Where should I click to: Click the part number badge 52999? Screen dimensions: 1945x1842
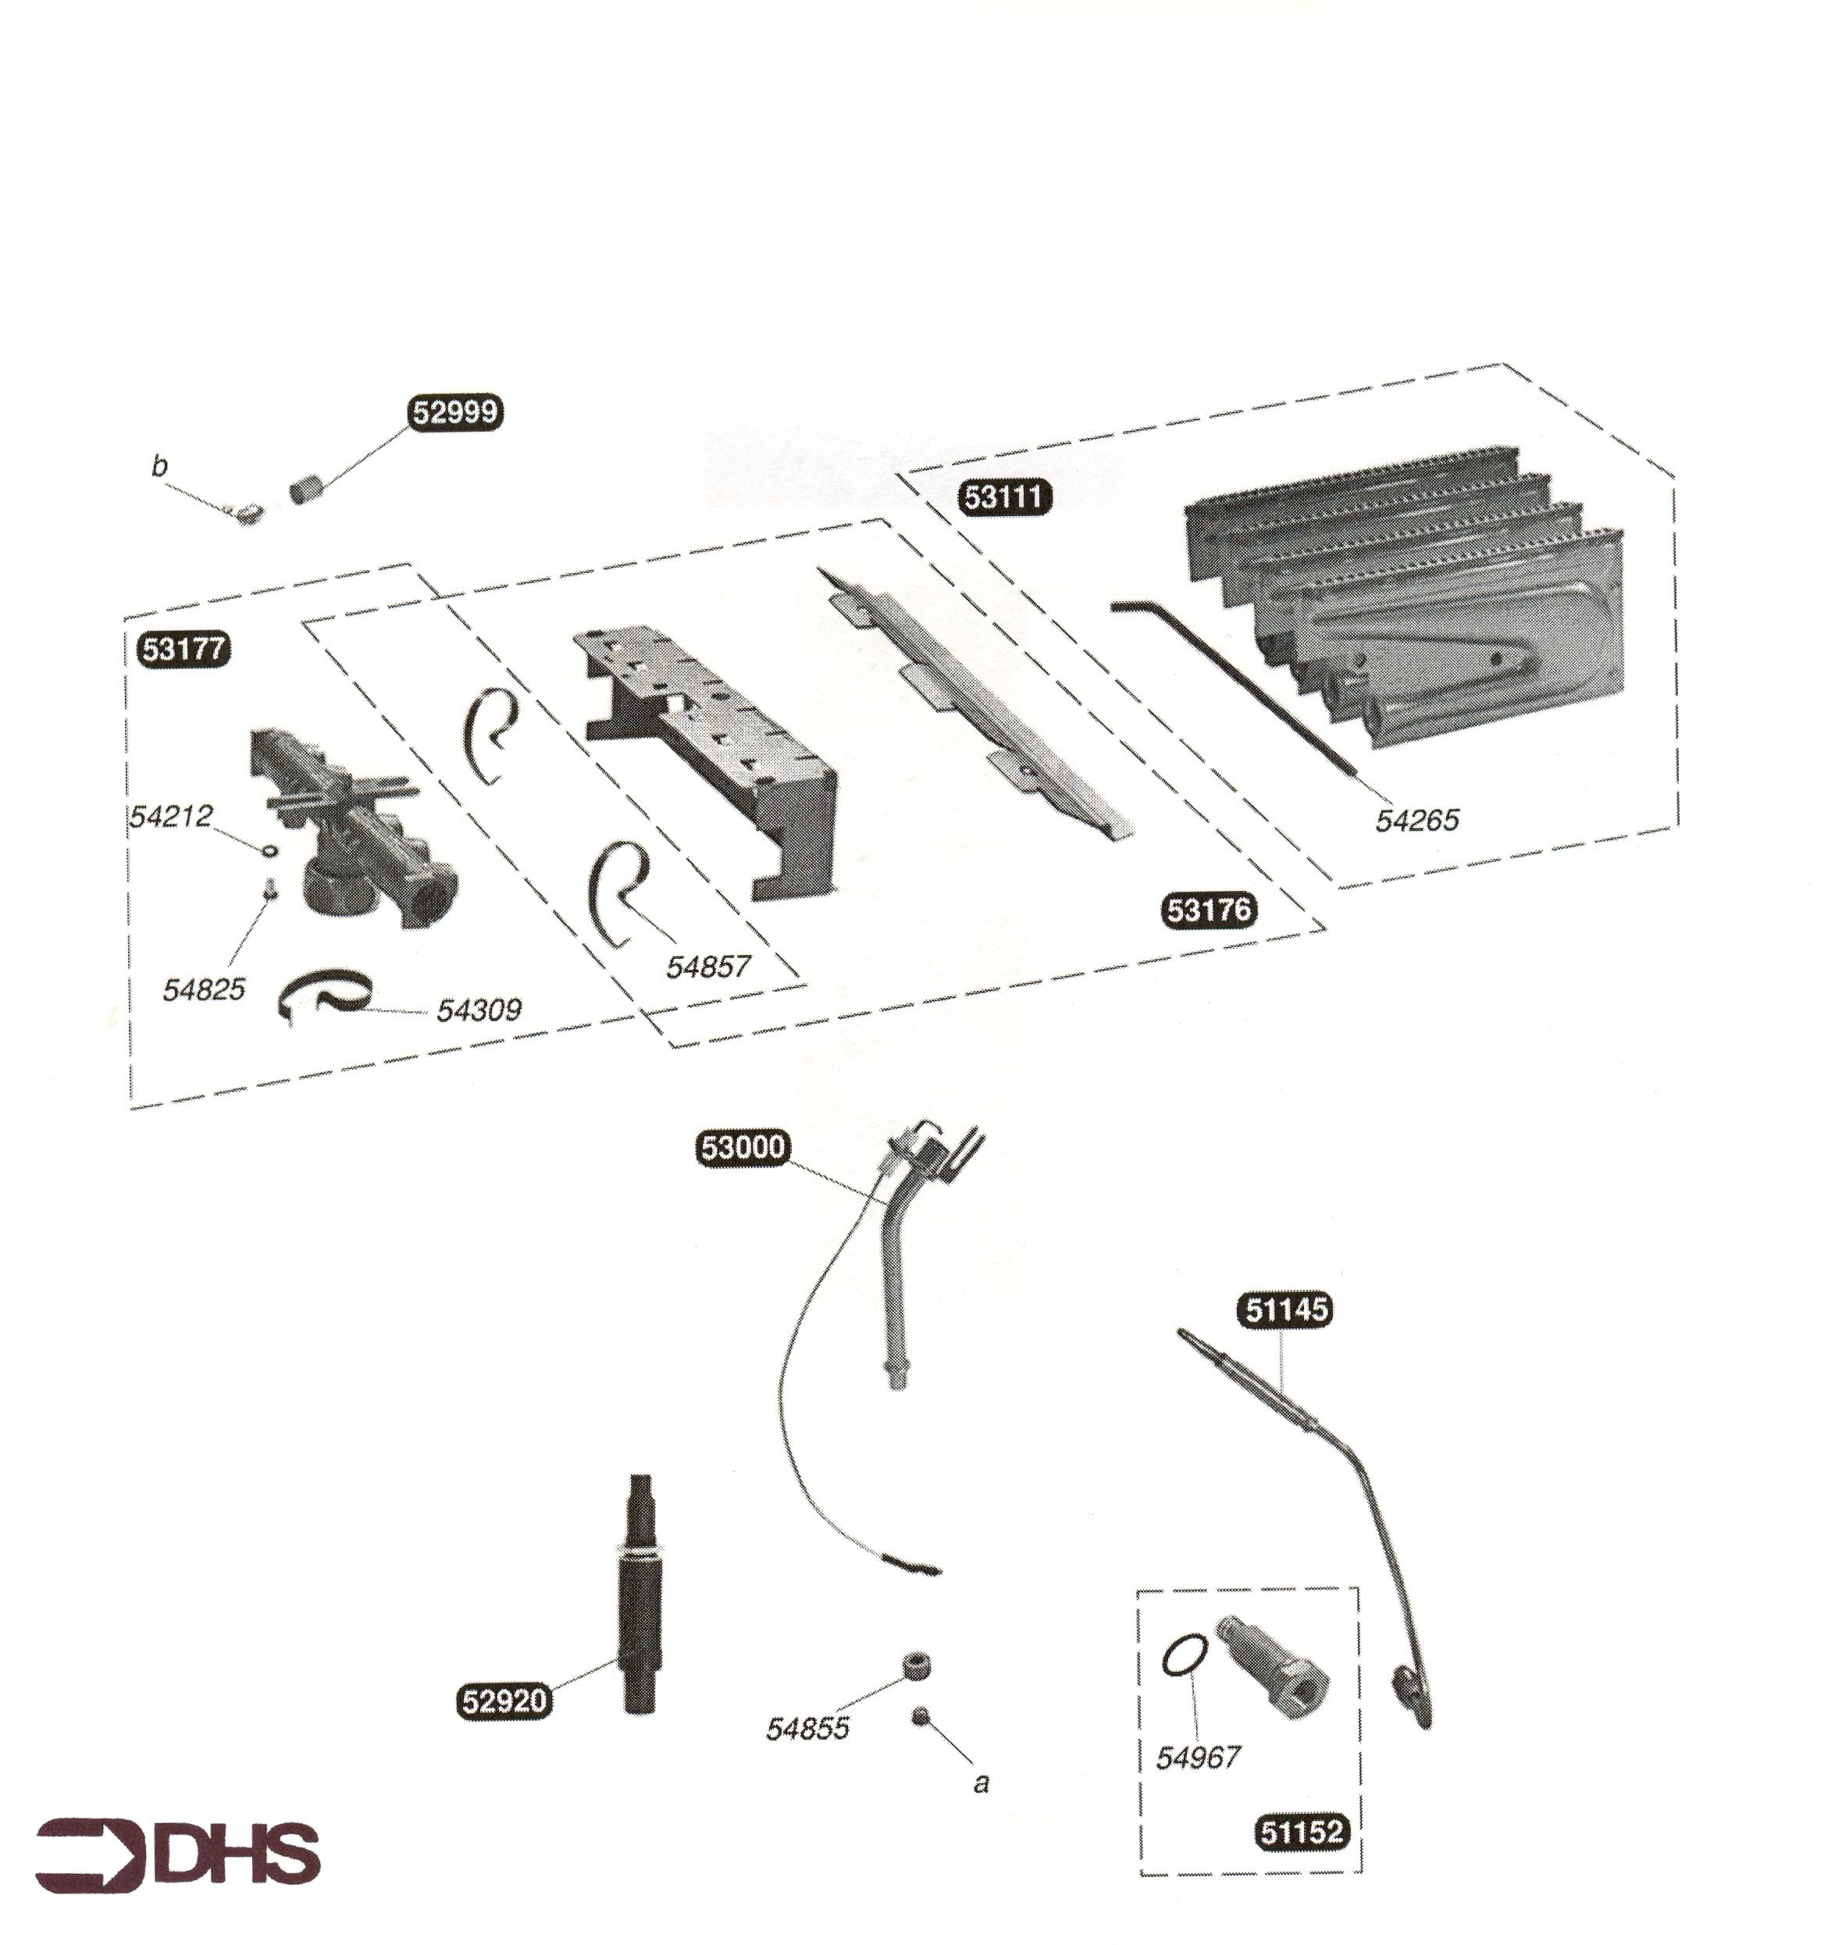click(454, 412)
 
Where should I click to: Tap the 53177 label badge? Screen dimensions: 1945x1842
click(184, 649)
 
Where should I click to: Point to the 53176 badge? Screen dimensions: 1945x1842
click(1210, 910)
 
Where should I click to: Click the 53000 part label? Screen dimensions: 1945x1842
click(743, 1147)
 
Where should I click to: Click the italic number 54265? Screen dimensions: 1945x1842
click(1417, 820)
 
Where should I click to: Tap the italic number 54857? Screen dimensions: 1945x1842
click(708, 967)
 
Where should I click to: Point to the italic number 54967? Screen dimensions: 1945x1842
click(1198, 1758)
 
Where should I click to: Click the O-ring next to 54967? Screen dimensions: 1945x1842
click(1185, 1659)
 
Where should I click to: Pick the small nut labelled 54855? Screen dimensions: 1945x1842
click(916, 1665)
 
